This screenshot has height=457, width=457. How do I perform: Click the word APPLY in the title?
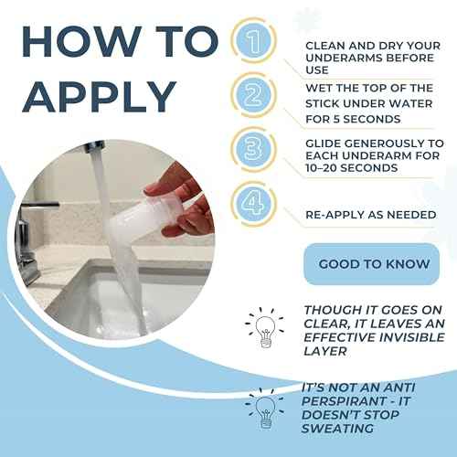pos(99,96)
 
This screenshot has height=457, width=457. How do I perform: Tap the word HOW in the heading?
pos(81,42)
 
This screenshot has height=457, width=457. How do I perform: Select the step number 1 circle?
pos(254,40)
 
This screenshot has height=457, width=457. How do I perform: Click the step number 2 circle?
pos(254,95)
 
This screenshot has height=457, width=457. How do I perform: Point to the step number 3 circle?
pos(254,149)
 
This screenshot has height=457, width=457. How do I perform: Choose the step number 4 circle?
pos(254,204)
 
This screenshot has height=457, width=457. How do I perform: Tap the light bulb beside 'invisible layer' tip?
pos(264,327)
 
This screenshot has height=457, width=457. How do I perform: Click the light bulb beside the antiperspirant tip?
pos(264,409)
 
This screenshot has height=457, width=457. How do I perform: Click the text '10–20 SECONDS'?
pos(352,168)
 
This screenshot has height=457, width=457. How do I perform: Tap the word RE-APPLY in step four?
pos(335,215)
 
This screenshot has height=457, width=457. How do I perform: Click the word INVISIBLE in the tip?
pos(410,337)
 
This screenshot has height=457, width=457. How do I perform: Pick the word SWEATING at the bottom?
pos(337,429)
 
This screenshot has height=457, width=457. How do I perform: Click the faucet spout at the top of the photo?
pos(93,148)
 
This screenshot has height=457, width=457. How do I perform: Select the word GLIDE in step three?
pos(324,143)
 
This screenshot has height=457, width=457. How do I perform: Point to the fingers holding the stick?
pos(183,199)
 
